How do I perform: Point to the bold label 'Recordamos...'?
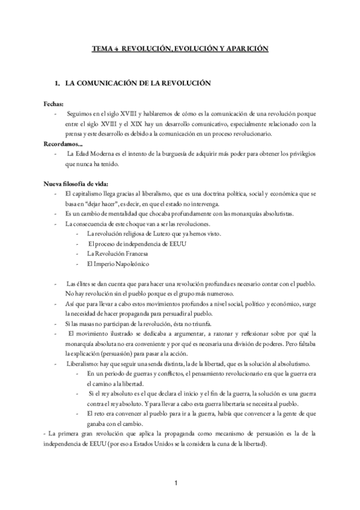click(63, 144)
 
